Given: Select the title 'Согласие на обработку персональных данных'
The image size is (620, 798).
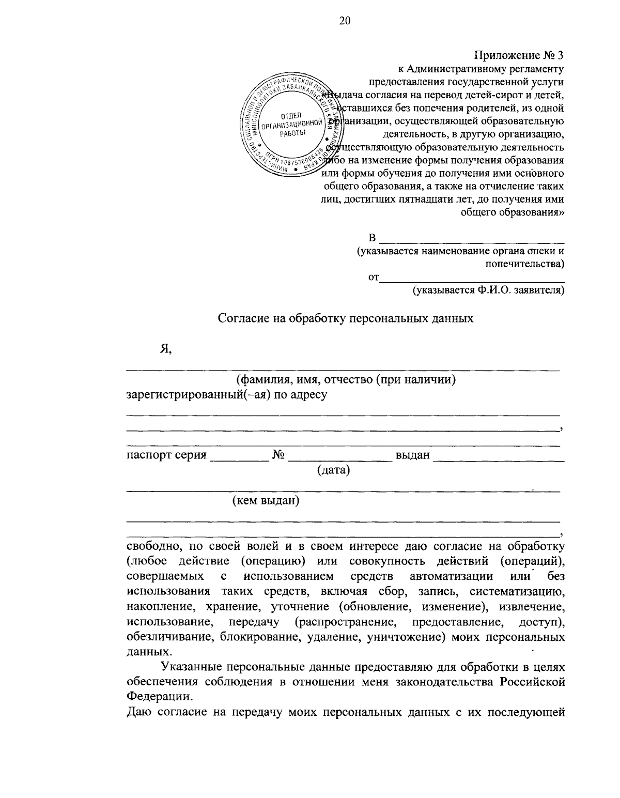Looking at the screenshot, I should [345, 318].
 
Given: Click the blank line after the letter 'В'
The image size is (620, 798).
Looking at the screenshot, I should [471, 240].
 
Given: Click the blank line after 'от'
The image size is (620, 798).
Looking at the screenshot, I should [471, 280].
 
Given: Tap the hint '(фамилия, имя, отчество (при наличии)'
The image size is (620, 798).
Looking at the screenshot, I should [345, 380].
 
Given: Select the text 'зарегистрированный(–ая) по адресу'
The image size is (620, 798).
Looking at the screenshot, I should [227, 395].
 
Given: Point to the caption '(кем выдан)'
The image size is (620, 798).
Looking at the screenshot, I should [266, 500].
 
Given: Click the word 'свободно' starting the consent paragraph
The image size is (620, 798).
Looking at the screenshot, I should [152, 546].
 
